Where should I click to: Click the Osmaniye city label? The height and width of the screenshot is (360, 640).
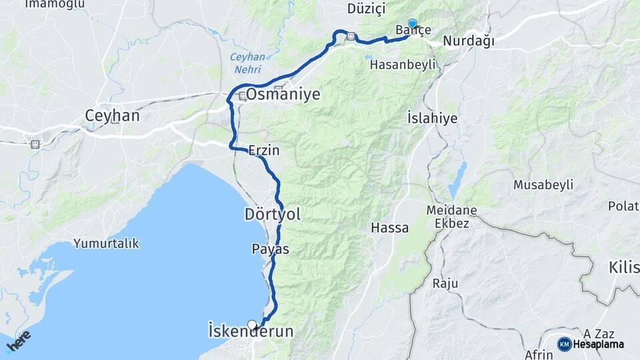click(283, 95)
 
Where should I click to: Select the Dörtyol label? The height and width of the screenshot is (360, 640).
click(272, 214)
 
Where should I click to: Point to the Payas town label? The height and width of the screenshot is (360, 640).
click(271, 249)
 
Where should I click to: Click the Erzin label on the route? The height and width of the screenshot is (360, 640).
click(263, 151)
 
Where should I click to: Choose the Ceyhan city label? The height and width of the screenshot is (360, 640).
click(112, 116)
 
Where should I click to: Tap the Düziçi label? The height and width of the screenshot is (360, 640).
click(367, 9)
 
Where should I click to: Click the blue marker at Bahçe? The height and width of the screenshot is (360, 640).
click(412, 23)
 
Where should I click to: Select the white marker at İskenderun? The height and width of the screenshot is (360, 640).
click(252, 325)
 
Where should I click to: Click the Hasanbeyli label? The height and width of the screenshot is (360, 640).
click(403, 65)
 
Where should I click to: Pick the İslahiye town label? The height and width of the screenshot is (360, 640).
click(432, 118)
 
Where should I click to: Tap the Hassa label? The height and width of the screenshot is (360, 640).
click(390, 228)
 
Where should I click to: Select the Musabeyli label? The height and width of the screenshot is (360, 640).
click(543, 185)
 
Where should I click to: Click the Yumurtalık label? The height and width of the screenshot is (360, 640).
click(106, 243)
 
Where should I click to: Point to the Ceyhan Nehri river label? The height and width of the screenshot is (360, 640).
click(247, 63)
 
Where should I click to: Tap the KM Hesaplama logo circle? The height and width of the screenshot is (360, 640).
click(564, 344)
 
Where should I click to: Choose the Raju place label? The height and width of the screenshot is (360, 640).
click(445, 283)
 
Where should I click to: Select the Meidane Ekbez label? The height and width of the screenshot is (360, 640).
click(451, 217)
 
